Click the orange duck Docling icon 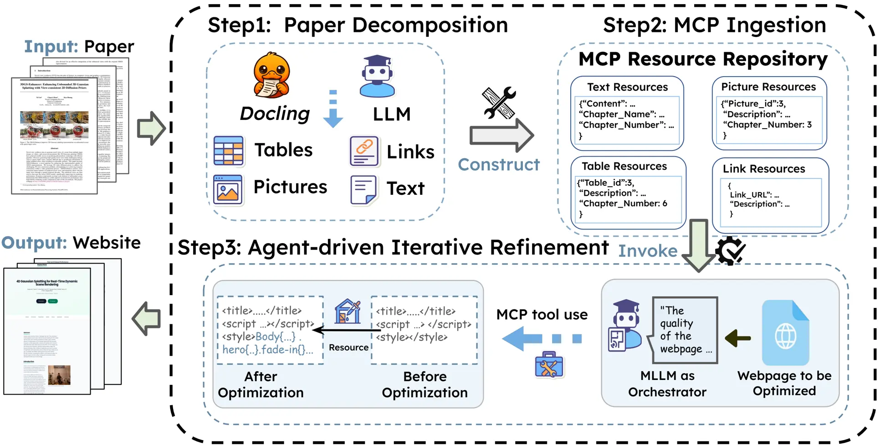(272, 75)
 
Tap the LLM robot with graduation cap (377, 76)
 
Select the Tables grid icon (228, 151)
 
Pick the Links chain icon (364, 151)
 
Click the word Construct (498, 165)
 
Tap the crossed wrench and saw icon (499, 103)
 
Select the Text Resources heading (627, 87)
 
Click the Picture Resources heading (768, 87)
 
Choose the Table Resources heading (624, 166)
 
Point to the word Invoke (647, 251)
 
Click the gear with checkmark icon (730, 250)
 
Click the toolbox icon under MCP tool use (549, 365)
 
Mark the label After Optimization (261, 385)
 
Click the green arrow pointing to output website (147, 318)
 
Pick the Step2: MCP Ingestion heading (714, 25)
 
